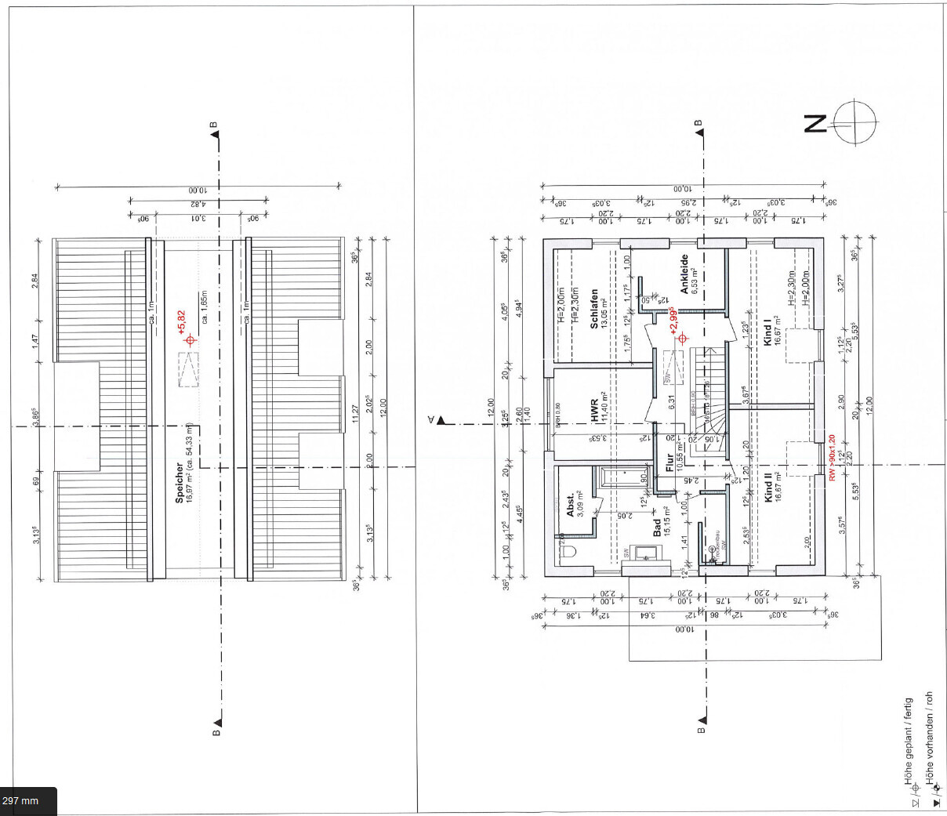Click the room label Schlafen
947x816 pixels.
(x=594, y=308)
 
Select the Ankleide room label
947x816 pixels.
(x=684, y=274)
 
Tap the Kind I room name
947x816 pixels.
(x=767, y=331)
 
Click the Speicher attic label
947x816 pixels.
(x=179, y=482)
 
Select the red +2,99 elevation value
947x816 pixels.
(x=673, y=321)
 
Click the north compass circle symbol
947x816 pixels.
(x=854, y=123)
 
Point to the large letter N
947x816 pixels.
(x=815, y=124)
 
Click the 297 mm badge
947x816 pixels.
(x=21, y=801)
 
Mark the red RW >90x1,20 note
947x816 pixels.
(x=832, y=459)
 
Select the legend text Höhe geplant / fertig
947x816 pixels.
(x=909, y=740)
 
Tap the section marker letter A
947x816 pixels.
(x=430, y=420)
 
